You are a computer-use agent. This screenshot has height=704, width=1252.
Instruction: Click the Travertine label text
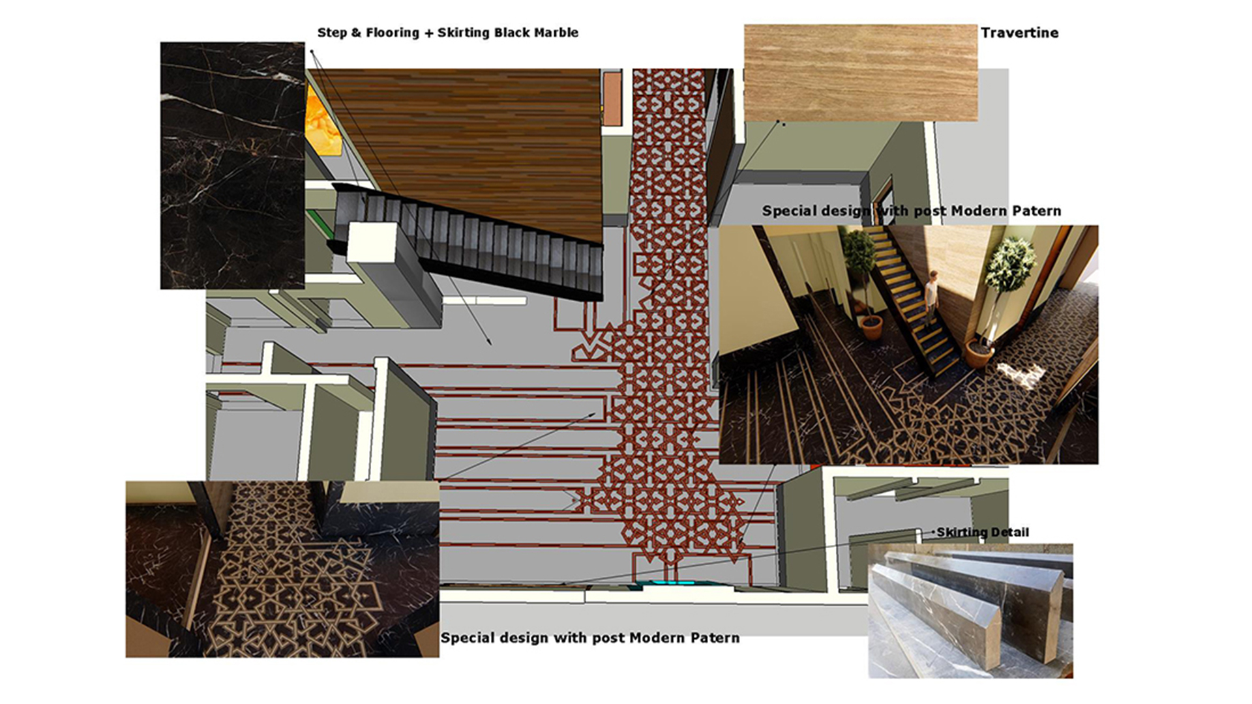(x=1019, y=33)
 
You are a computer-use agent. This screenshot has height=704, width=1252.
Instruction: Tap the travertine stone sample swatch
(x=861, y=73)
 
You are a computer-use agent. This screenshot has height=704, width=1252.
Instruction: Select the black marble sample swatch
(x=232, y=166)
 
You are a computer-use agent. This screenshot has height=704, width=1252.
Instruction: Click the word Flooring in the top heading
(x=393, y=33)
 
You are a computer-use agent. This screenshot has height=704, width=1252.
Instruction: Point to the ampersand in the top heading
(x=356, y=33)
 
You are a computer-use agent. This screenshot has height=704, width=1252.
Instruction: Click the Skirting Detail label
(x=983, y=533)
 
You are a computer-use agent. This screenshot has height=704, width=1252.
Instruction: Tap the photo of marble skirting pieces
(x=970, y=611)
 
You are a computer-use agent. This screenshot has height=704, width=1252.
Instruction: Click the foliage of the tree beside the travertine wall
(x=1010, y=263)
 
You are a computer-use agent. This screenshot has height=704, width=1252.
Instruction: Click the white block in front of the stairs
(x=372, y=242)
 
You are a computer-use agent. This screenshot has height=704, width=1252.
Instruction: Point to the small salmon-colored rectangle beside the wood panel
(x=612, y=99)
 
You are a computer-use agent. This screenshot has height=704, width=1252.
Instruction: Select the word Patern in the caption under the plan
(x=715, y=638)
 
